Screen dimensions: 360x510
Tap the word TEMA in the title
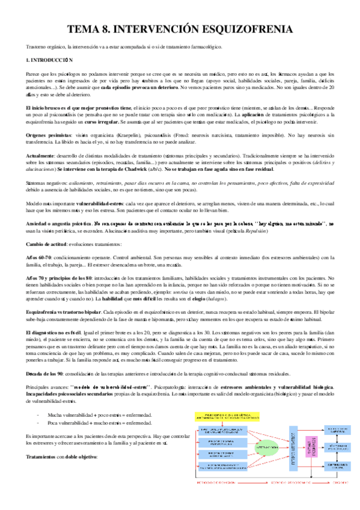click(85, 28)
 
